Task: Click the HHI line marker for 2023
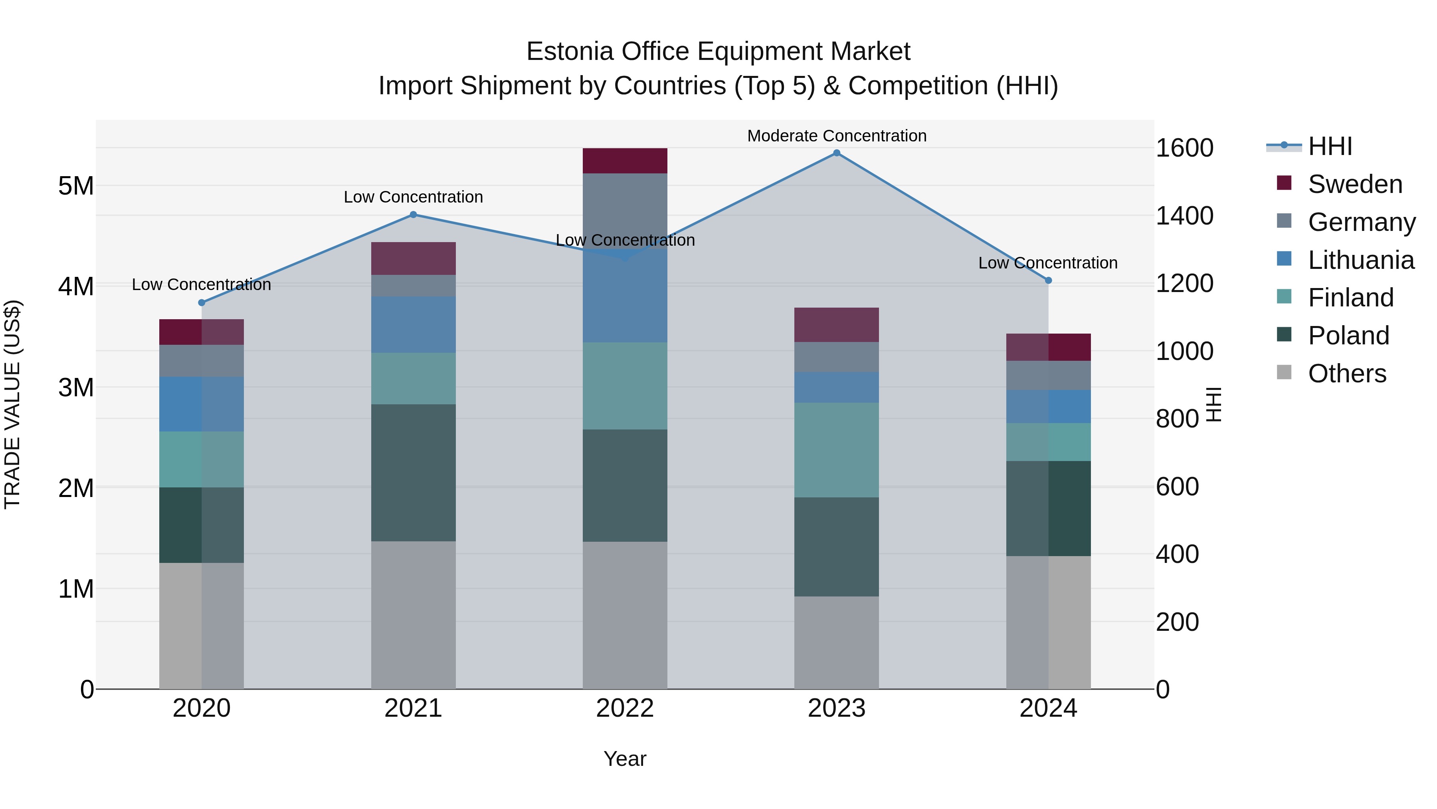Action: (x=836, y=153)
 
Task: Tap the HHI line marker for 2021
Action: (x=414, y=215)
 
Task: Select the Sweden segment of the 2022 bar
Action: (x=625, y=161)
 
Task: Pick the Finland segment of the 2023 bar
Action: (x=836, y=450)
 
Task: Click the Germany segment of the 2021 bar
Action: (x=414, y=285)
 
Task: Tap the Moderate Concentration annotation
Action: (x=836, y=136)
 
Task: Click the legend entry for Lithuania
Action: (x=1361, y=260)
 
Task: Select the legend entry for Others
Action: (x=1347, y=374)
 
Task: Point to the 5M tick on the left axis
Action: (x=76, y=186)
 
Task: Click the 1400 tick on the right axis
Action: (x=1184, y=216)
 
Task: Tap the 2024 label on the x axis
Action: (x=1048, y=708)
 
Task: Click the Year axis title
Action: (x=625, y=759)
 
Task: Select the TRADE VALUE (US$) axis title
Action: (x=12, y=404)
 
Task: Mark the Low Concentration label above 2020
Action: (x=202, y=285)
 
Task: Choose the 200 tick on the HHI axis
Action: (x=1177, y=622)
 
